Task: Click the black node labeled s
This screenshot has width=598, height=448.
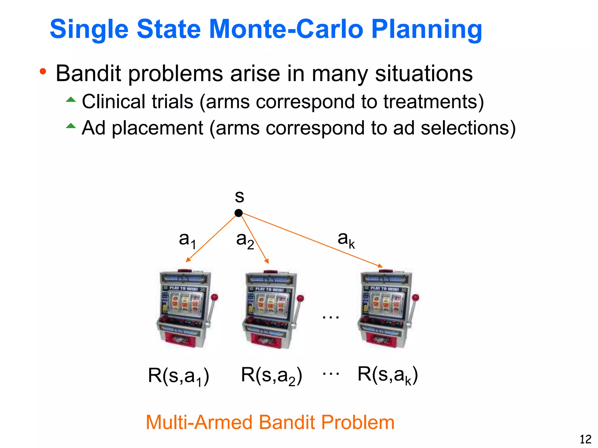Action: click(239, 213)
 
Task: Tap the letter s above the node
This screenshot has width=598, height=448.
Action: click(239, 197)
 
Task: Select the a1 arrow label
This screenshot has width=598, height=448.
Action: click(187, 240)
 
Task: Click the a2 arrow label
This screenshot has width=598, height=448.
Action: click(245, 240)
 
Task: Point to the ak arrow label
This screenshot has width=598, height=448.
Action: click(346, 239)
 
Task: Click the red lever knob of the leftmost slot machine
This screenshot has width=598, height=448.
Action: click(215, 297)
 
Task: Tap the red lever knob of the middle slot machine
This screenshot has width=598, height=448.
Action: click(300, 298)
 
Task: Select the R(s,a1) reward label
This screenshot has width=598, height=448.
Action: click(178, 376)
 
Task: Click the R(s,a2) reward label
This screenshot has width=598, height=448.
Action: click(271, 376)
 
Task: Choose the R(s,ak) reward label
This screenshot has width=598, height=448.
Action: click(388, 375)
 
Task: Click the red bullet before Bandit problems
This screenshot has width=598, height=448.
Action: click(43, 71)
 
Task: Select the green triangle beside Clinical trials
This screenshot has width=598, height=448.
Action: click(71, 99)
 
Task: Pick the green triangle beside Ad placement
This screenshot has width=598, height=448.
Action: click(71, 126)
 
